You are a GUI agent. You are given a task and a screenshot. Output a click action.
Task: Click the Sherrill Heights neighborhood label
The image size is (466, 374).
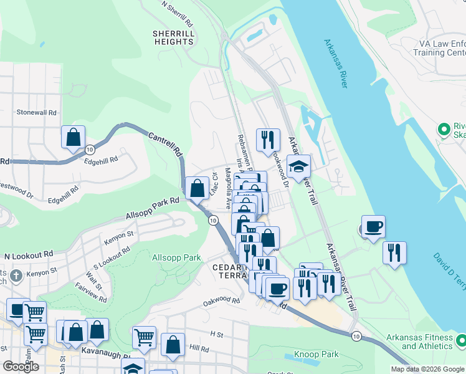click(x=173, y=37)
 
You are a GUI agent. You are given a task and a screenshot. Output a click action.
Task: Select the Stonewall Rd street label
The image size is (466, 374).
click(x=37, y=113)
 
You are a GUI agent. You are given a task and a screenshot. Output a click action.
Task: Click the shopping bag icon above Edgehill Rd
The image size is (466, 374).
click(x=73, y=137)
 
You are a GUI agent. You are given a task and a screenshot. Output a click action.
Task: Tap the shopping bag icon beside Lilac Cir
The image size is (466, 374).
click(x=197, y=188)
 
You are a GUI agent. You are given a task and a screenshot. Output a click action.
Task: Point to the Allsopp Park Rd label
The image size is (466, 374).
click(x=152, y=208)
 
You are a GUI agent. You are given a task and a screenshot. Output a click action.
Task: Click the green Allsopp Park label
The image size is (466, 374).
click(x=176, y=257)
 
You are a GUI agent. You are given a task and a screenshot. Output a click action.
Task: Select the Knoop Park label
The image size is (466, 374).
click(x=317, y=354)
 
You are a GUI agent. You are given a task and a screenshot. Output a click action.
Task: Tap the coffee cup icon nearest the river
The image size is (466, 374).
click(x=373, y=227)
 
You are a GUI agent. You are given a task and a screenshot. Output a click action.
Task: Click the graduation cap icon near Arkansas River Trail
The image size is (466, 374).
click(x=298, y=166)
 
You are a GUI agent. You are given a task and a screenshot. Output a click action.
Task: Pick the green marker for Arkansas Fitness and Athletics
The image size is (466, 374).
click(x=461, y=341)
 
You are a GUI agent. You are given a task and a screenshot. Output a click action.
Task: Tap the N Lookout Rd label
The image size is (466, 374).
click(x=29, y=256)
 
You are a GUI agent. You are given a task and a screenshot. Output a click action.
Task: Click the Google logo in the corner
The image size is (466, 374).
click(x=21, y=367)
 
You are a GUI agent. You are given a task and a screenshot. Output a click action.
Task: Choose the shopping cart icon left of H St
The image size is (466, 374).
click(x=144, y=337)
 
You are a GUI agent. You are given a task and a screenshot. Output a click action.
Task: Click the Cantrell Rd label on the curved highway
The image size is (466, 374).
click(x=165, y=143)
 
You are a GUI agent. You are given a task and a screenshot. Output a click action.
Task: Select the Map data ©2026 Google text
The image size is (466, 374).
click(x=427, y=369)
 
